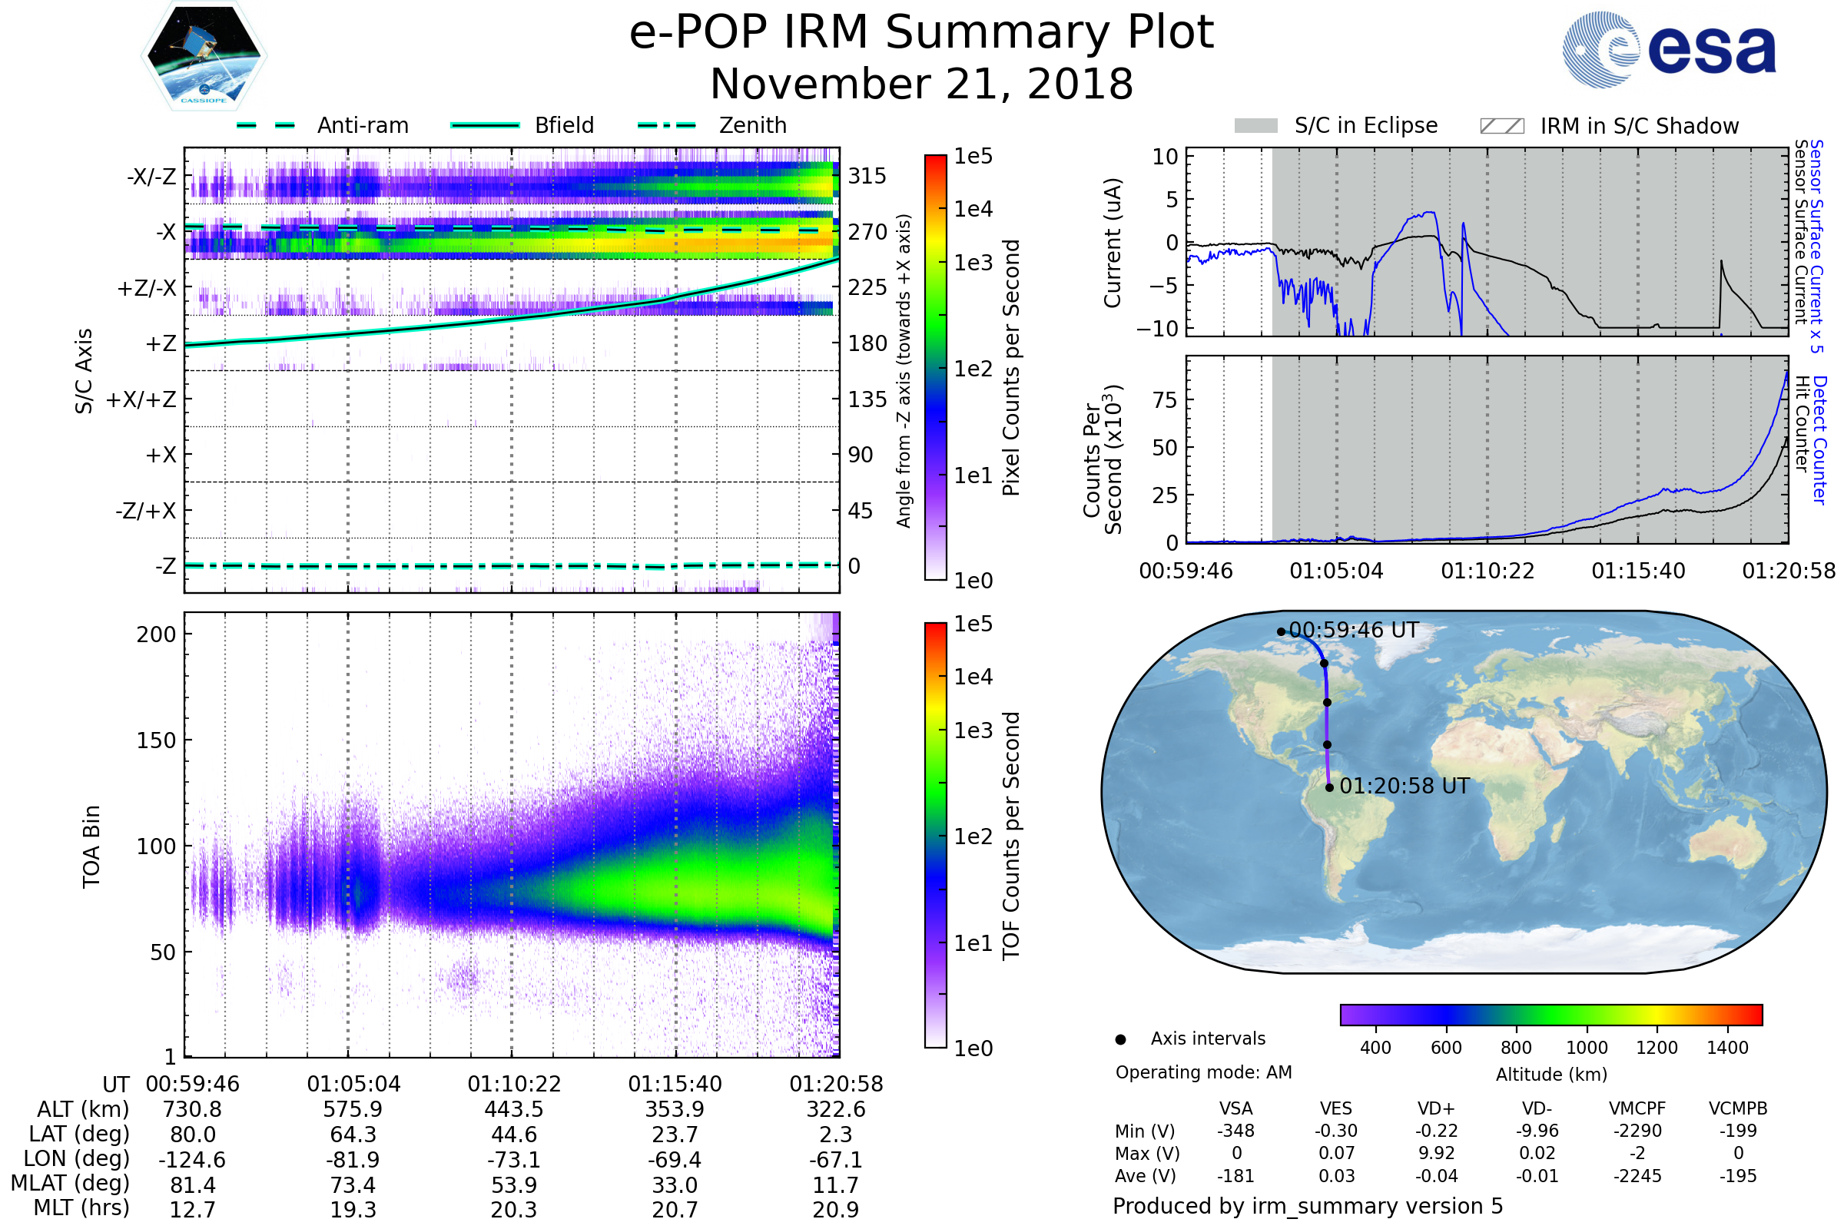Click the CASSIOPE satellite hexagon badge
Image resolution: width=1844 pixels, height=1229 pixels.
[204, 55]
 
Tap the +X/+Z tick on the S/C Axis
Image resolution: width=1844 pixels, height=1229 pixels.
[141, 399]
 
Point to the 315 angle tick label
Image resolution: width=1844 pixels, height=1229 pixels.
[867, 176]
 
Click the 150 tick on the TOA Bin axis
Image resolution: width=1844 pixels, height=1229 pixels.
[156, 740]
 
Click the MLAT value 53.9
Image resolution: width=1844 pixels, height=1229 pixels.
[513, 1185]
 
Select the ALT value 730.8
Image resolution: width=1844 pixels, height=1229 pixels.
[192, 1110]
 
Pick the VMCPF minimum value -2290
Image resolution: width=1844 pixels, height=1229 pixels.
[1637, 1131]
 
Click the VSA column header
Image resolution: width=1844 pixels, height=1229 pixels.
[1235, 1109]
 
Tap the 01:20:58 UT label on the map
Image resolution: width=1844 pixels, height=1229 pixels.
[1405, 786]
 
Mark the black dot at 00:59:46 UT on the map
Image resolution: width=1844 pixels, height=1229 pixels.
[1281, 631]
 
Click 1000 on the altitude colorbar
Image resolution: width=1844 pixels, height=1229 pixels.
[1586, 1048]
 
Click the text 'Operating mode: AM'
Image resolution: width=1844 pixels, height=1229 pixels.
[1203, 1072]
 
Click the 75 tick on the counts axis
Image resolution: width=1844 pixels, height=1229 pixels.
[1166, 400]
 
